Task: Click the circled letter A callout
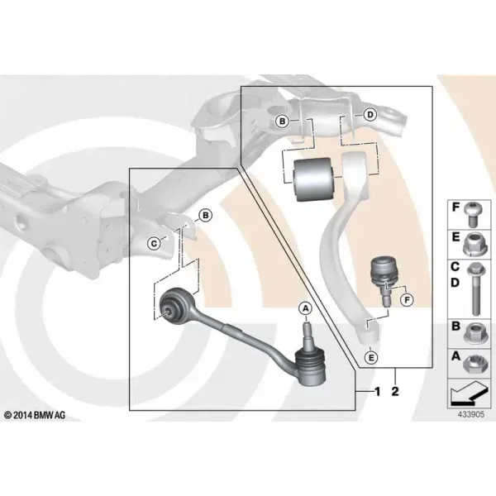click(306, 308)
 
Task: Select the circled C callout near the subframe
click(154, 244)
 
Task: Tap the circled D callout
click(370, 115)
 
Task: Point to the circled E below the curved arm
click(371, 357)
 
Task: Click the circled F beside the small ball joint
click(407, 299)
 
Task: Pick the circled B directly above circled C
click(206, 216)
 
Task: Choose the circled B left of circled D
click(282, 122)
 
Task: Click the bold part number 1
click(377, 392)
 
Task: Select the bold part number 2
click(395, 392)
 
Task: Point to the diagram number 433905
click(471, 414)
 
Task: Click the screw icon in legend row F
click(472, 214)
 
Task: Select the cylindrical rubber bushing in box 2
click(312, 179)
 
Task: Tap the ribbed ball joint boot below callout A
click(310, 367)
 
